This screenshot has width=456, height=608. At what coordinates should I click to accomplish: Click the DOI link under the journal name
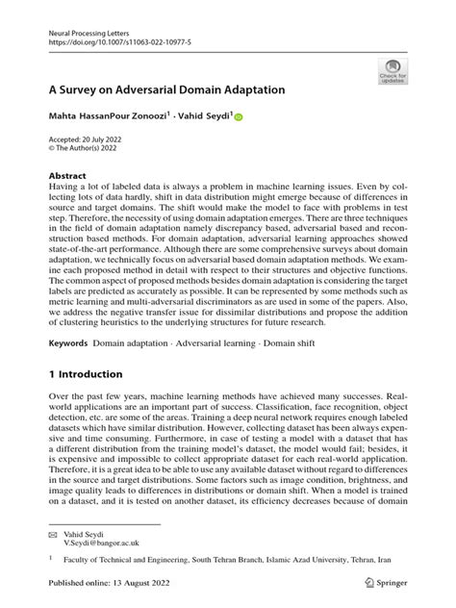click(x=114, y=42)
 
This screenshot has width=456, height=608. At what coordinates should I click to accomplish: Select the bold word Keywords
click(x=70, y=342)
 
